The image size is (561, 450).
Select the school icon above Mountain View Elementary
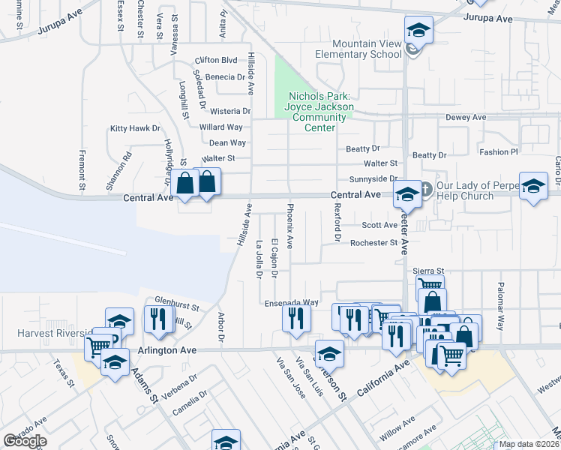point(419,31)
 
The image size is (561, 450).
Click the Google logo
point(25,441)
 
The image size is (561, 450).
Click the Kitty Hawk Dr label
point(136,128)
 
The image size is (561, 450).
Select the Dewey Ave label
point(466,118)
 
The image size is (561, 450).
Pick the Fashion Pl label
point(499,151)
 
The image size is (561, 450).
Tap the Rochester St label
point(373,242)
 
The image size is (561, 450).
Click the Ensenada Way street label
point(292,302)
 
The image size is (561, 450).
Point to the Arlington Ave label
point(166,350)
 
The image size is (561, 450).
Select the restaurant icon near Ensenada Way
point(296,318)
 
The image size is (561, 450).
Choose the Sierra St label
point(429,270)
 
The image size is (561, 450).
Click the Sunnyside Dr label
point(373,179)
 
